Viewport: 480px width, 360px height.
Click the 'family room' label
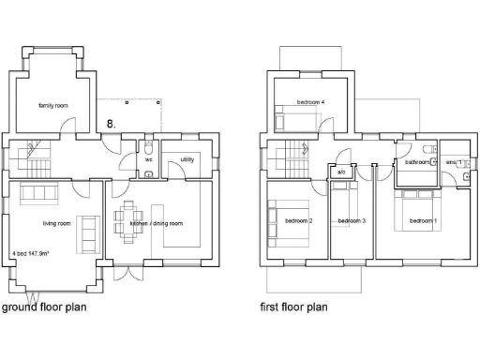pos(53,106)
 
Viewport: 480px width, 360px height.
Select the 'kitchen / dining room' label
pos(156,224)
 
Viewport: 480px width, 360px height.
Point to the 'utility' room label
pos(187,160)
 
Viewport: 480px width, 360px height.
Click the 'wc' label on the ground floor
pos(149,160)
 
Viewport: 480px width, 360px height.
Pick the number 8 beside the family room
pos(112,123)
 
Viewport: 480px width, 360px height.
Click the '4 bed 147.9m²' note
pos(31,254)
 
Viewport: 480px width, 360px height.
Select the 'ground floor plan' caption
pos(48,307)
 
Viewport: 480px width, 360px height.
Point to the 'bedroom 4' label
pos(310,101)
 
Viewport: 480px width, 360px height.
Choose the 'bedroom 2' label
pos(298,221)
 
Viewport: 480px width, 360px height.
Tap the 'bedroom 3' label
pos(351,221)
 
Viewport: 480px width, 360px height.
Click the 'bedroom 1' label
pos(421,221)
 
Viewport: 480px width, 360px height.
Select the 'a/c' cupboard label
pos(341,172)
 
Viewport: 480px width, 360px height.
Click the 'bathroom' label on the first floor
pos(416,162)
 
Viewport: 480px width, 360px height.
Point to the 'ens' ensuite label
pos(452,162)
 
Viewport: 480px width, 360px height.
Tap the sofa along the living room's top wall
pos(38,193)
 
